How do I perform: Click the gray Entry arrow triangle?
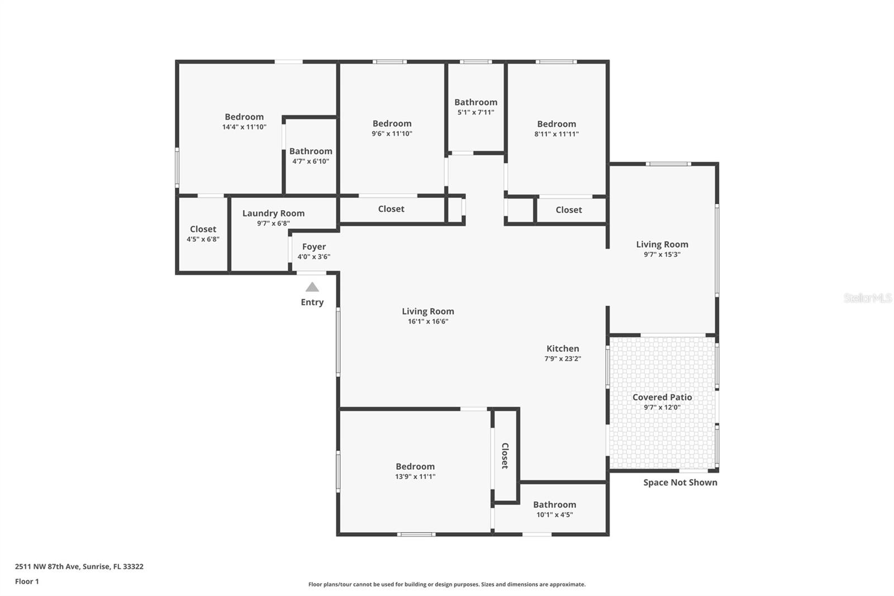(x=312, y=287)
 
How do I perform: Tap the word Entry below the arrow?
(x=312, y=302)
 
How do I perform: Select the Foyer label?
(x=314, y=247)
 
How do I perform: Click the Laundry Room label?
(x=273, y=213)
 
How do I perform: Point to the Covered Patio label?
(x=662, y=397)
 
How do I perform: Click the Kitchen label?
(x=563, y=348)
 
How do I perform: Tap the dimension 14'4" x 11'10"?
(x=244, y=127)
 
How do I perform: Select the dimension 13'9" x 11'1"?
(x=415, y=476)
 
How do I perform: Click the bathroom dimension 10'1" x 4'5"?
(x=554, y=514)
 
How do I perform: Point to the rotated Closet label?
(x=505, y=456)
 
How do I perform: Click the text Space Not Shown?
(x=680, y=483)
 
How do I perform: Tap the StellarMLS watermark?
(x=867, y=298)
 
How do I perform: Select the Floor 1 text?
(x=27, y=581)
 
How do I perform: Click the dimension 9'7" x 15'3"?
(x=662, y=254)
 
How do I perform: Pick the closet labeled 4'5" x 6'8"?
(x=203, y=229)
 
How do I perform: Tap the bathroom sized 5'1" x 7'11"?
(x=475, y=102)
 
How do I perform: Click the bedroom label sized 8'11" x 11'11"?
(x=557, y=124)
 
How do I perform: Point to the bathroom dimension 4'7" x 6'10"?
(x=311, y=161)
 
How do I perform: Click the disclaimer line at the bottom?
(x=447, y=584)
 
